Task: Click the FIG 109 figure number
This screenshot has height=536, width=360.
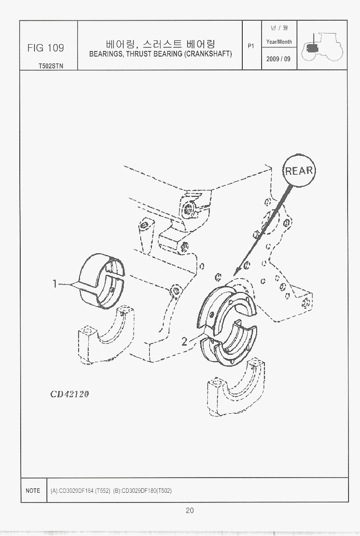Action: tap(46, 48)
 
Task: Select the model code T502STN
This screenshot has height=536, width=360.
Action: tap(51, 66)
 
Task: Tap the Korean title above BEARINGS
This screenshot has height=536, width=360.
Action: tap(160, 44)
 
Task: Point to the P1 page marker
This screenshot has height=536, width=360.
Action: tap(251, 46)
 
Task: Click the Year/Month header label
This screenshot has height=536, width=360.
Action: tap(279, 42)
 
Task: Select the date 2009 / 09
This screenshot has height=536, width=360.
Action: tap(278, 59)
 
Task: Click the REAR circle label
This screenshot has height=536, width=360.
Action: tap(299, 171)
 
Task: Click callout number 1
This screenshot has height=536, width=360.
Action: tap(55, 284)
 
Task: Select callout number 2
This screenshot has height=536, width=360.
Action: tap(185, 341)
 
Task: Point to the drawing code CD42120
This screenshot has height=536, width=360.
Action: tap(70, 394)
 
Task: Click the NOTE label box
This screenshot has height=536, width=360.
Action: tap(33, 490)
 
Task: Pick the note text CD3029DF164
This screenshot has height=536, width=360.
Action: tap(72, 491)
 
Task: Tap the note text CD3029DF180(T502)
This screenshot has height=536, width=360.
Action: tap(142, 491)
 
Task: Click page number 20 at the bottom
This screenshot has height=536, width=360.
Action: tap(190, 510)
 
